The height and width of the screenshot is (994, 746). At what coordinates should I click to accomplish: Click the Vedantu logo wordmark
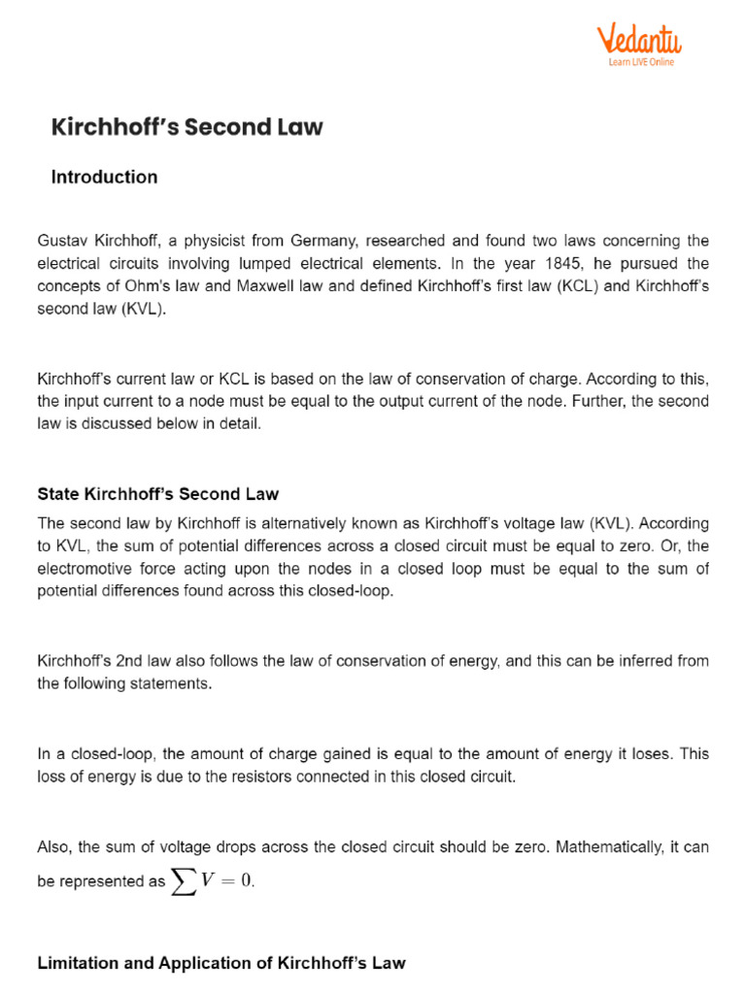click(638, 40)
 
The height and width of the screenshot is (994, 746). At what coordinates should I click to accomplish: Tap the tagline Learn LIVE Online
click(641, 62)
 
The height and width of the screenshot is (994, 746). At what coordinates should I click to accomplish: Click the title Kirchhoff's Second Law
click(186, 127)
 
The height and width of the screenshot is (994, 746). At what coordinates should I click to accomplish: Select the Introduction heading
click(104, 177)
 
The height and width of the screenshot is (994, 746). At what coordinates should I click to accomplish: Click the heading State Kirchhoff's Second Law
click(158, 494)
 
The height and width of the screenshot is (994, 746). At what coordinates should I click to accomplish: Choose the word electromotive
click(85, 569)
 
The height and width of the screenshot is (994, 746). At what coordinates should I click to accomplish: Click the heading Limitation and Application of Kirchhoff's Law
click(220, 963)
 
